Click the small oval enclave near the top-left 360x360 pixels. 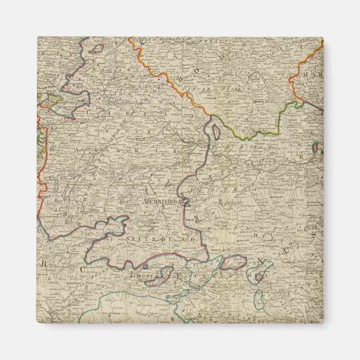point(96,49)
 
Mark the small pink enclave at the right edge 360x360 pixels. point(318,148)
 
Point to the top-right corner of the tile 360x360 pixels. point(323,37)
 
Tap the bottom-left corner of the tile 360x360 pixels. point(37,323)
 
